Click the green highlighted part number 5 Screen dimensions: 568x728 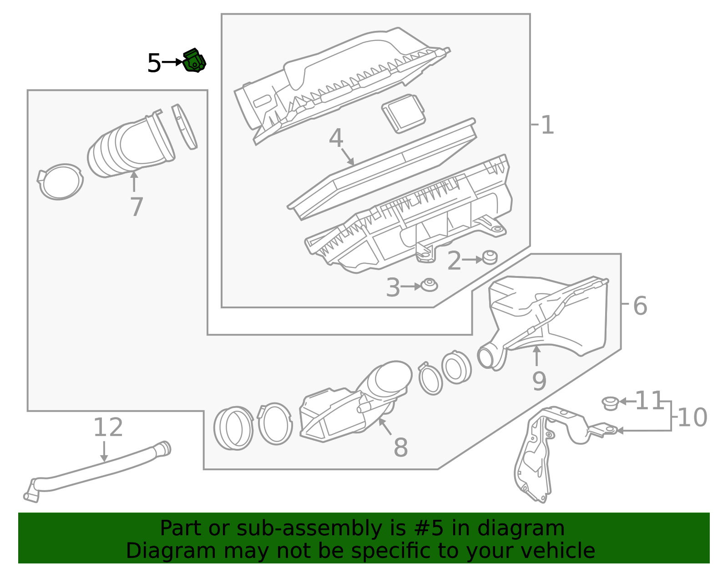194,61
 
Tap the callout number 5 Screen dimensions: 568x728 154,63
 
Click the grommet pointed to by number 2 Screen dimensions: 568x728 490,257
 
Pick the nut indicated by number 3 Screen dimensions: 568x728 429,286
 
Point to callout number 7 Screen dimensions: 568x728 136,207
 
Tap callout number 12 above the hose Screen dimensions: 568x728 108,427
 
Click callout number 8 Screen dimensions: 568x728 400,447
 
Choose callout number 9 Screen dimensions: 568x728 539,381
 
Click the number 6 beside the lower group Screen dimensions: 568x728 640,306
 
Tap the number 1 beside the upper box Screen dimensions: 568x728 547,125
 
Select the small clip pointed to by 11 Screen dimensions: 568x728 610,403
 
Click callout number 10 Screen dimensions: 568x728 692,417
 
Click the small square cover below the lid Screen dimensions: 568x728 404,113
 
